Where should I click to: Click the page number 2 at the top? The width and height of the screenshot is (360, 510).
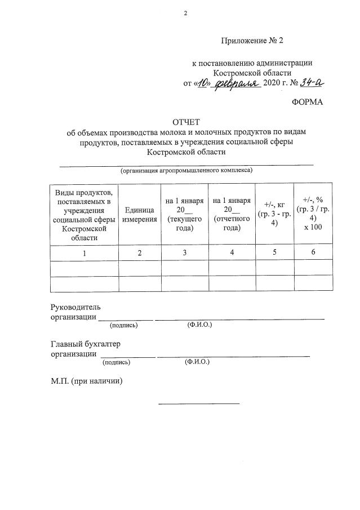pos(185,13)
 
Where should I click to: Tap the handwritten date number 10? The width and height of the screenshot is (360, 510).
pos(203,83)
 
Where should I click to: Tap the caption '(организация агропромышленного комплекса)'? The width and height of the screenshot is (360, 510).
pos(186,170)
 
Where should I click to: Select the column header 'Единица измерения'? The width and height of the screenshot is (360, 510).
pos(140,214)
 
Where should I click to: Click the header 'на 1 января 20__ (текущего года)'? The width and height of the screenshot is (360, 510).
pos(184,214)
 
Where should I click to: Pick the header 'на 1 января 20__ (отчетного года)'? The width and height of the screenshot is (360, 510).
pos(232,214)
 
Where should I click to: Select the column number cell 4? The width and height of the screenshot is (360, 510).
pos(232,253)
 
